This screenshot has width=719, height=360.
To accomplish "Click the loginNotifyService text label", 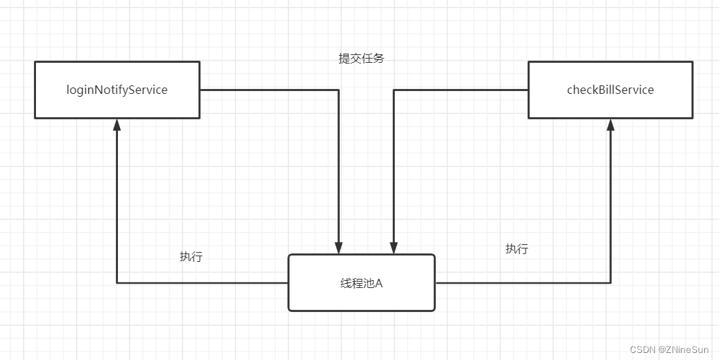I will pos(117,90).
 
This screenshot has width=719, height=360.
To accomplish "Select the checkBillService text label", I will pos(610,90).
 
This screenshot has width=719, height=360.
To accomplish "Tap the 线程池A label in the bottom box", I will pos(361,283).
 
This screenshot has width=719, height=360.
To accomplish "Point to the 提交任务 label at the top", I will pos(361,59).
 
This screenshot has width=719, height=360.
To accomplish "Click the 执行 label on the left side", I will pos(191,257).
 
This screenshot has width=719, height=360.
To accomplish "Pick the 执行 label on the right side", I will pos(516,249).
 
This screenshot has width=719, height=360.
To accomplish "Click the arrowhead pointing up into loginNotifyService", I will pos(117,125).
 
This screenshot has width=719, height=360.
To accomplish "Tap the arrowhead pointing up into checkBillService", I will pos(610,125).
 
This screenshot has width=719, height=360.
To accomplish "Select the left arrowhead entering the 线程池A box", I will pos(339,248).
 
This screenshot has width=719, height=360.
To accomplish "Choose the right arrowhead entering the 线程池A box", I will pos(393,248).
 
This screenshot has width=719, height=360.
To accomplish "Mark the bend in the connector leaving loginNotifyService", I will pos(339,90).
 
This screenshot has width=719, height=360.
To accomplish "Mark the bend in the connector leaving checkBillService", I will pos(393,90).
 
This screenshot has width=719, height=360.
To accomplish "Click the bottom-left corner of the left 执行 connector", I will pos(117,283).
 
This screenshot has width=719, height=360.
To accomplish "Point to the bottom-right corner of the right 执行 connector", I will pos(610,283).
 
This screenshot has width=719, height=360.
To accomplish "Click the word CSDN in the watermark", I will pos(642,349).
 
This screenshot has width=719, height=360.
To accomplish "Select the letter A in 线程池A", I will pos(379,283).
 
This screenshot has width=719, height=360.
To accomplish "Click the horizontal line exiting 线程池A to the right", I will pos(523,283).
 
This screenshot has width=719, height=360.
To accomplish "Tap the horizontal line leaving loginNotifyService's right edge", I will pos(268,90).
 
